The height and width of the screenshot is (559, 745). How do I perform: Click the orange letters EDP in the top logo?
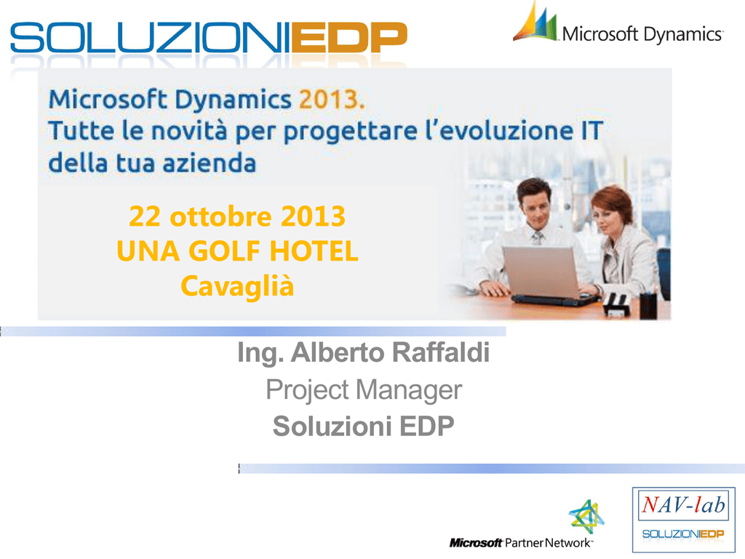coord(349,38)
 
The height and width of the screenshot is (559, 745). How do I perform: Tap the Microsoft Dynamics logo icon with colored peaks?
coord(535,22)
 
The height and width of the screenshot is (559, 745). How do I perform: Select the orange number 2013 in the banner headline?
coord(332,99)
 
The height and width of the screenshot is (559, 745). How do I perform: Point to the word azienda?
coord(209,163)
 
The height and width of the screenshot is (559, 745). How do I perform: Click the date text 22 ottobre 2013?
coord(237,216)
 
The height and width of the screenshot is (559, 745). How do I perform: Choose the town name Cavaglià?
coord(237,286)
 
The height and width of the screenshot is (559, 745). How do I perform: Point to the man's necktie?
coord(538,237)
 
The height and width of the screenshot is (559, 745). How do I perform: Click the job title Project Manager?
coord(364,390)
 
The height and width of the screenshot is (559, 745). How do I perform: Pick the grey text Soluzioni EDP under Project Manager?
coord(364,426)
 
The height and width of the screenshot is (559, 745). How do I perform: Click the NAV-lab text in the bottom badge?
coord(684,504)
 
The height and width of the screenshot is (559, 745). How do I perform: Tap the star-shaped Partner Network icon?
coord(586,517)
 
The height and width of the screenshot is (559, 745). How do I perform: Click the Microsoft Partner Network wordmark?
coord(521,542)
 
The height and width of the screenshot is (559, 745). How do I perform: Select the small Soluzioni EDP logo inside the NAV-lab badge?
coord(683,534)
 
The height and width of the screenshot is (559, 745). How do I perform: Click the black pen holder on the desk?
coord(648,305)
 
